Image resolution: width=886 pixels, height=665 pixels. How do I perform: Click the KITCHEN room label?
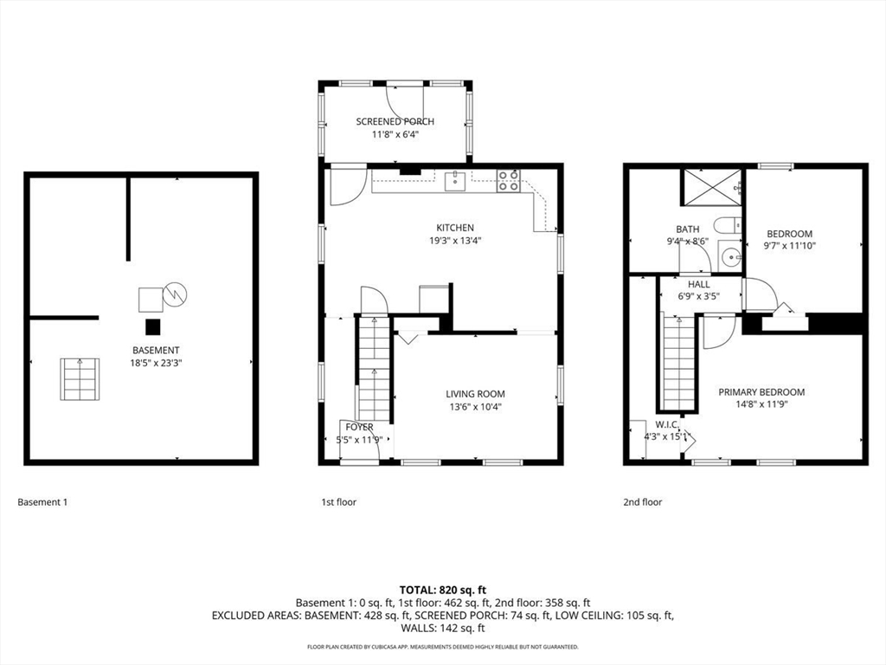coord(455,228)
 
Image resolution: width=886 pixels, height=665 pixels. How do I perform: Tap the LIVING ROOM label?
coord(475,394)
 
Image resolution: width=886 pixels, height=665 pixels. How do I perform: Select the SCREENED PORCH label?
coord(395,121)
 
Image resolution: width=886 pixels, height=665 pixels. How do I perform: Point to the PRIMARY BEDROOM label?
coord(761,392)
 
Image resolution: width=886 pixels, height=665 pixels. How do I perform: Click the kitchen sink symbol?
coord(455,182)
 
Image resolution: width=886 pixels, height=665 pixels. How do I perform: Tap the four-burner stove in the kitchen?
coord(509,181)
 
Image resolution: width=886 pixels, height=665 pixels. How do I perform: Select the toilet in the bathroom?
coord(728,226)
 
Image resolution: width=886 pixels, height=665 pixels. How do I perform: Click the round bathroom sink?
coord(732,258)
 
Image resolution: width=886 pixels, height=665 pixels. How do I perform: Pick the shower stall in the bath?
coord(713,187)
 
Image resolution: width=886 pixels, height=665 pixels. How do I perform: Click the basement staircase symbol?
coord(80,379)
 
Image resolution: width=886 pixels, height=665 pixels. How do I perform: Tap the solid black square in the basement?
coord(152,327)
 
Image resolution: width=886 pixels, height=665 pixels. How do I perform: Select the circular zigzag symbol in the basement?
coord(175,294)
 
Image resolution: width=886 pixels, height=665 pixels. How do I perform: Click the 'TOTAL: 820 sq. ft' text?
coord(443,591)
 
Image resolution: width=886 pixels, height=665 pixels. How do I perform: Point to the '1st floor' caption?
coord(339,501)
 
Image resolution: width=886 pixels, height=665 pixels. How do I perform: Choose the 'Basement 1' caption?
coord(42,501)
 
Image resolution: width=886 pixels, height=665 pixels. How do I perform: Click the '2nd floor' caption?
coord(643,501)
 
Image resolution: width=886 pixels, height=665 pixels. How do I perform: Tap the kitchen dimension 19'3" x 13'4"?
coord(455,241)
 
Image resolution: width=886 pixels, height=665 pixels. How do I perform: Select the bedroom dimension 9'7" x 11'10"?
coord(790,246)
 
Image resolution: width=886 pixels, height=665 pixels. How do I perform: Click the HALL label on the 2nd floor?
coord(699,284)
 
